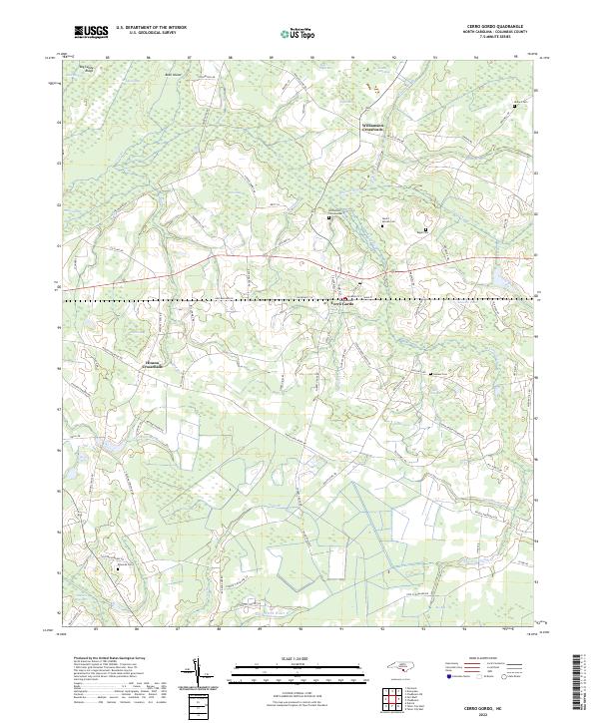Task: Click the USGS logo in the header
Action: pyautogui.click(x=92, y=32)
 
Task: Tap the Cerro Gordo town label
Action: pyautogui.click(x=342, y=304)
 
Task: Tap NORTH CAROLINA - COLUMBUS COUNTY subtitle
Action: pyautogui.click(x=494, y=33)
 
